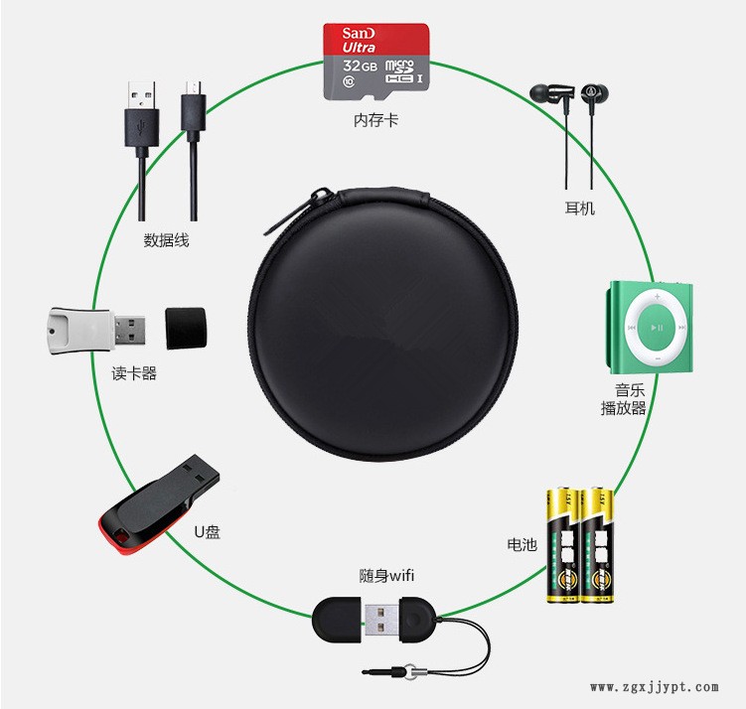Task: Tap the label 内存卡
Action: tap(375, 121)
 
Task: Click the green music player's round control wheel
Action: tap(655, 326)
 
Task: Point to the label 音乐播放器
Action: tap(623, 399)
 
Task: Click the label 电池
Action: tap(522, 544)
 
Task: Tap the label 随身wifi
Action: tap(386, 575)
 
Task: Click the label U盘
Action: tap(207, 532)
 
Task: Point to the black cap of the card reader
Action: tap(186, 327)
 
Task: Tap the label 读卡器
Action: tap(134, 374)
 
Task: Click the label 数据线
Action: tap(166, 239)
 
